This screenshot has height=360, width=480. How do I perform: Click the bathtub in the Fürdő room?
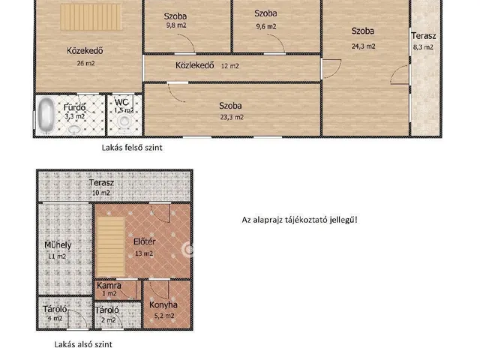[46, 115]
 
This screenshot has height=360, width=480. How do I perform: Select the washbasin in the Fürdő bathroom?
[73, 130]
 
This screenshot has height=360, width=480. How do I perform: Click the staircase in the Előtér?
[111, 247]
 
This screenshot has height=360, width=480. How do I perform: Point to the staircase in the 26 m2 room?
[91, 16]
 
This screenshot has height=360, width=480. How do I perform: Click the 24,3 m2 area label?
[363, 46]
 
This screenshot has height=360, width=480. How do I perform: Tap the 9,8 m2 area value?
[176, 25]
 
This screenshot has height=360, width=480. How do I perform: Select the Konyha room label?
[163, 304]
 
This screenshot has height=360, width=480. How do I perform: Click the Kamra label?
[109, 286]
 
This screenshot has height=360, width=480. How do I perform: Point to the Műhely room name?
[58, 245]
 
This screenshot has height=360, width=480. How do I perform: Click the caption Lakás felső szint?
[132, 148]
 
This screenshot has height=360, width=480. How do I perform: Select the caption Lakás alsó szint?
[83, 344]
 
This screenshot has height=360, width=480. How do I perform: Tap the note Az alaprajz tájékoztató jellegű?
[299, 220]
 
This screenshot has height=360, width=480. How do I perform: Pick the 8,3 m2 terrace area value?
[423, 47]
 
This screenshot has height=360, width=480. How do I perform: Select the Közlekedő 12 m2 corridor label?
[207, 65]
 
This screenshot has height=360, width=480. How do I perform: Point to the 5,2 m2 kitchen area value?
[164, 316]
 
